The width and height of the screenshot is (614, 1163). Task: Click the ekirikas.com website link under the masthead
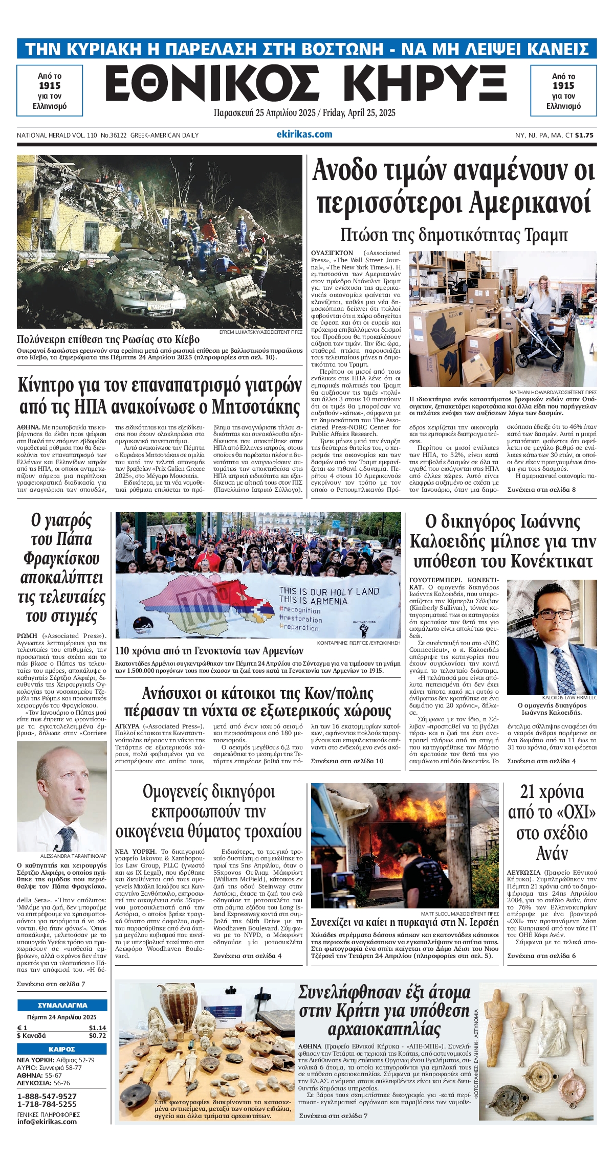(x=304, y=134)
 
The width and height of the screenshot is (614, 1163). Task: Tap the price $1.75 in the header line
(x=584, y=135)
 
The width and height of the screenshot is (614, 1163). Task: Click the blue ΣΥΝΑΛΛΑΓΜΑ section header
(x=62, y=1005)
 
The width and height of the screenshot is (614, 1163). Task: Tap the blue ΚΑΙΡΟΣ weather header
(x=62, y=1049)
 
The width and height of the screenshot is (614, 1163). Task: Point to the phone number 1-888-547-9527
(x=47, y=1097)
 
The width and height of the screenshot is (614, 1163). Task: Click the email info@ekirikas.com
(x=47, y=1122)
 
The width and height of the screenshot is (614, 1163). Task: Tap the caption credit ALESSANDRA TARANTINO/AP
(x=73, y=856)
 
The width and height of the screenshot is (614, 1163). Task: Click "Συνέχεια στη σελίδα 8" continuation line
(x=541, y=489)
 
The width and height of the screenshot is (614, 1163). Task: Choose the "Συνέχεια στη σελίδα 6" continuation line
(x=541, y=955)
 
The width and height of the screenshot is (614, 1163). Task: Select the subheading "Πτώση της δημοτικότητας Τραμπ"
(x=454, y=235)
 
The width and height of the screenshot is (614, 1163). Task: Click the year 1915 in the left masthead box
(x=50, y=86)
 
